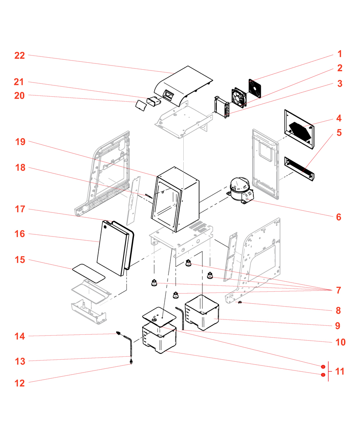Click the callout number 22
20,56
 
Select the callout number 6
338,217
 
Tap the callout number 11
340,371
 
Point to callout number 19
20,142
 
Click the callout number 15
20,260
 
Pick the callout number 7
338,290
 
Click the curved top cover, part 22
182,85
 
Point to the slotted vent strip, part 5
299,169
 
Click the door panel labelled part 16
111,247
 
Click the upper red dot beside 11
323,366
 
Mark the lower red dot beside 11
323,375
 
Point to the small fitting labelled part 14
118,333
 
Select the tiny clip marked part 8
240,303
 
